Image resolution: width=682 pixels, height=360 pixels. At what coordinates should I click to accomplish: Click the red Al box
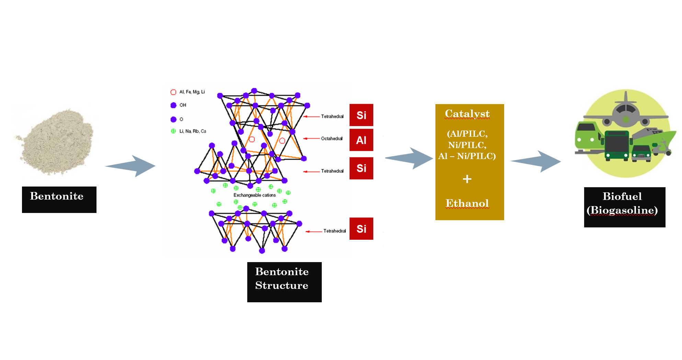click(x=361, y=140)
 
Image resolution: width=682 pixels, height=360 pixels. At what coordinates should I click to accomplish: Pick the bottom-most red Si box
click(x=361, y=228)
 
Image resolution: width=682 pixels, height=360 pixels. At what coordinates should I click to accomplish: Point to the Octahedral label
click(x=331, y=138)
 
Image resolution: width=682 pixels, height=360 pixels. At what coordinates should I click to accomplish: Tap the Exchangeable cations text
click(x=254, y=195)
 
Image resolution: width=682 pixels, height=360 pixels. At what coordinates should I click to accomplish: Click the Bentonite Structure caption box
click(x=284, y=282)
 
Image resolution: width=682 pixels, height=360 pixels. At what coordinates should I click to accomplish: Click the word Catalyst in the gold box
click(x=467, y=114)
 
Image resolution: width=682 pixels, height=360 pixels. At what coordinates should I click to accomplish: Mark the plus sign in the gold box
click(x=467, y=179)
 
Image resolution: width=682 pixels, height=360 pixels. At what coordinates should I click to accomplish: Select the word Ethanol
click(x=467, y=203)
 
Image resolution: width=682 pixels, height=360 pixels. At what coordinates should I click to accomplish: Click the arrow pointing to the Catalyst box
click(x=410, y=158)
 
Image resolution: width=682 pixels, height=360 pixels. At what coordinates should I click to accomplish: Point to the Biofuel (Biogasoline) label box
click(x=624, y=207)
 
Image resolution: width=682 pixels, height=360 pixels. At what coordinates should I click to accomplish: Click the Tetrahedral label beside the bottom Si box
click(x=334, y=231)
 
